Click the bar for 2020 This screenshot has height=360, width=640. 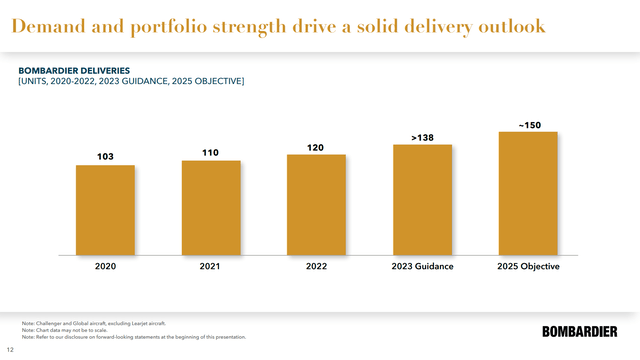coord(105,209)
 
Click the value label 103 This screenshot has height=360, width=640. coord(105,157)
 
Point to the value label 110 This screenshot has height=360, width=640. coord(211,152)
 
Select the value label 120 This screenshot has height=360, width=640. coord(316,147)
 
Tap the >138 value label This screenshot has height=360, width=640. coord(422,136)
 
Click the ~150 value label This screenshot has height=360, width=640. coord(528,124)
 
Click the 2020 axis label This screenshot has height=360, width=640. coord(105,267)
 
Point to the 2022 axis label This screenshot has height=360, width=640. coord(316,267)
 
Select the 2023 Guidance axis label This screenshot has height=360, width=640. coord(422,267)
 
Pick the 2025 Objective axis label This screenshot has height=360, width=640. coord(528,267)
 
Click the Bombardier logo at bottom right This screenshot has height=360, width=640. coord(582,331)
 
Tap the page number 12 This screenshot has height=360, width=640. coord(11,350)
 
